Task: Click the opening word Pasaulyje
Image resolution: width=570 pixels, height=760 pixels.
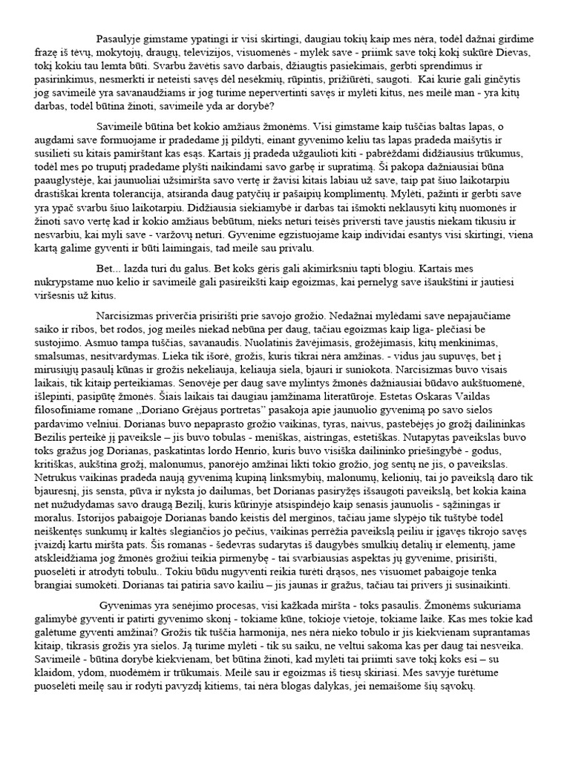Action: (x=121, y=37)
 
